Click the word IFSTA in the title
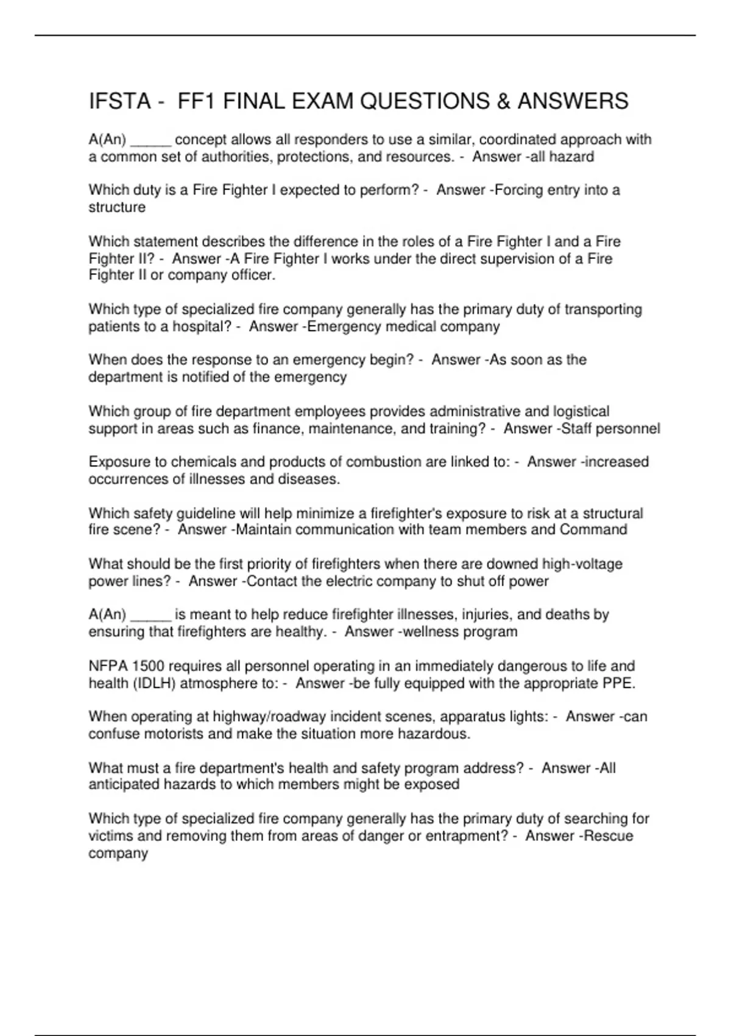click(x=119, y=101)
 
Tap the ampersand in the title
click(x=504, y=101)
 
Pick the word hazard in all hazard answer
click(x=571, y=157)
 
